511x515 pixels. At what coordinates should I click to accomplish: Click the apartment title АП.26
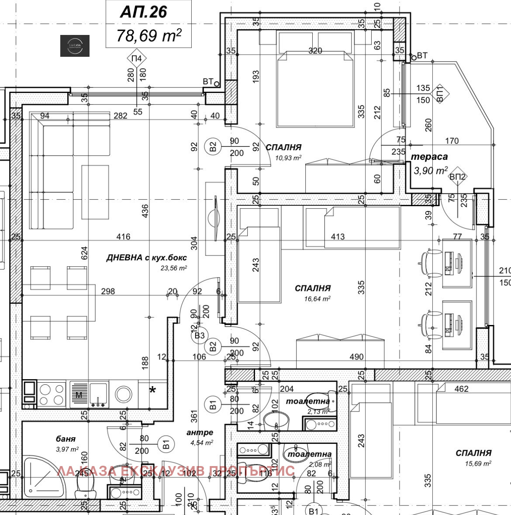coord(144,12)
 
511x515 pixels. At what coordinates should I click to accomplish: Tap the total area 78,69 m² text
coord(148,35)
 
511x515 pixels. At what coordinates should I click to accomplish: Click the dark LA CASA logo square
coord(75,45)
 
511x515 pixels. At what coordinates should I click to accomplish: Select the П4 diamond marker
coord(137,58)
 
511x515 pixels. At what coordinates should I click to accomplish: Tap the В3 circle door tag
coord(200,335)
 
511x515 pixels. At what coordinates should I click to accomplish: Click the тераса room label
coord(429,156)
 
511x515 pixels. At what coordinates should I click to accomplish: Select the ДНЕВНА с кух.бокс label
coord(146,258)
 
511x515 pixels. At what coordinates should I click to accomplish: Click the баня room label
coord(66,439)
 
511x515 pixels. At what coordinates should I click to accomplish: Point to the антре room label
coord(200,432)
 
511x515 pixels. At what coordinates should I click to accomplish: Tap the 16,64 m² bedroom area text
coord(317,299)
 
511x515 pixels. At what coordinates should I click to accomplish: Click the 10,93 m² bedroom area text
coord(288,158)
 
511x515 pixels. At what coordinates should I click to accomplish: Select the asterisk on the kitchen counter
coord(152,390)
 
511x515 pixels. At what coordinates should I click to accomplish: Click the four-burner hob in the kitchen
coord(52,394)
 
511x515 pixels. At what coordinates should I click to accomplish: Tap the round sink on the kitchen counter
coord(124,394)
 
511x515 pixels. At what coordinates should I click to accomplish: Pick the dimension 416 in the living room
coord(123,236)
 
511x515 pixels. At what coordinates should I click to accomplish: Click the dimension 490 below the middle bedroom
coord(356,356)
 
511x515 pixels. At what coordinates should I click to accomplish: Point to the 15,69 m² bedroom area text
coord(478,463)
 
